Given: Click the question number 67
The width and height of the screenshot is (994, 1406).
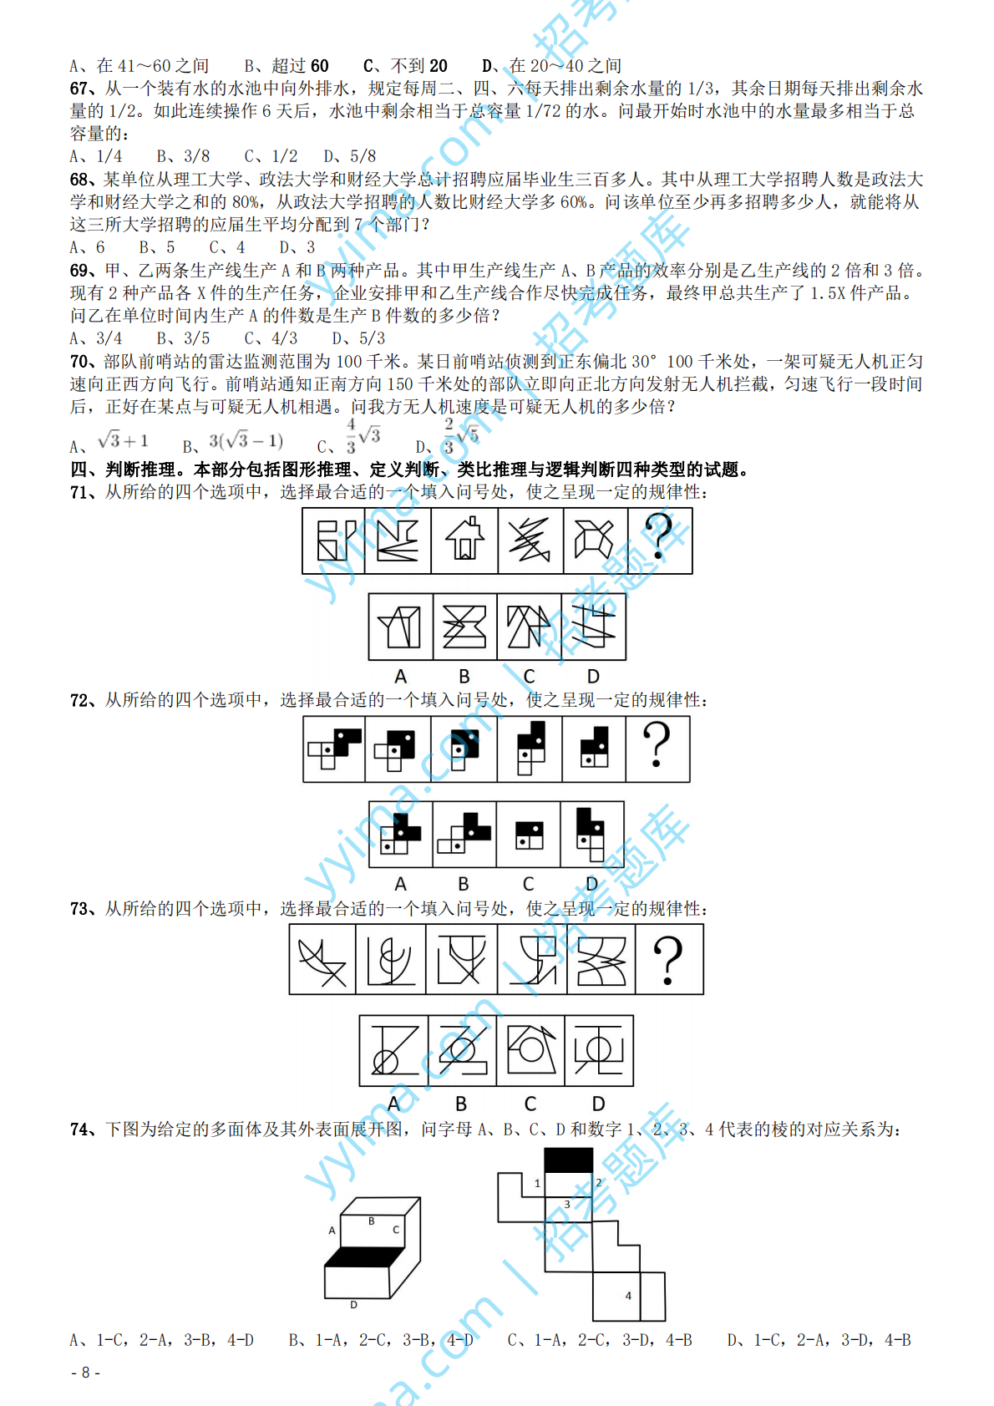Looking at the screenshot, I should [x=79, y=89].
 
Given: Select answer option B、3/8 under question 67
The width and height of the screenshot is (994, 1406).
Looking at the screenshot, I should [x=183, y=156].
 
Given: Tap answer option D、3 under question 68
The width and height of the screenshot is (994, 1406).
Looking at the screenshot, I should [x=297, y=247].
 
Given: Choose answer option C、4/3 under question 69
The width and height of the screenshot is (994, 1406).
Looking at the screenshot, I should [x=271, y=338].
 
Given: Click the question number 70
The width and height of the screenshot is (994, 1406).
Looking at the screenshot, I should [x=79, y=362].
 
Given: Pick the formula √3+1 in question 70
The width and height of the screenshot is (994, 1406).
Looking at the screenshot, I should [x=123, y=440].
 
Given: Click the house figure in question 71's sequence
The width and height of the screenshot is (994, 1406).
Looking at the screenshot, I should [x=464, y=540].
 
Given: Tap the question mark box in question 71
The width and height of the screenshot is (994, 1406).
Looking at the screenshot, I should [x=660, y=540].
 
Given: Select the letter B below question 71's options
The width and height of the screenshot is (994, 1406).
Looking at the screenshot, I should [x=464, y=677].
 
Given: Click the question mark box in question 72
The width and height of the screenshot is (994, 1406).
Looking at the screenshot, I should [x=657, y=749].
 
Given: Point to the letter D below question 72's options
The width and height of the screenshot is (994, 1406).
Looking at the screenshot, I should [x=591, y=884].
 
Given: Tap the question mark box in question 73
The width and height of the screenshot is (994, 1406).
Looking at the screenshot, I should [x=669, y=959].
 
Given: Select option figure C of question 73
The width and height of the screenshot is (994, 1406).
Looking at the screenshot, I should [x=530, y=1051].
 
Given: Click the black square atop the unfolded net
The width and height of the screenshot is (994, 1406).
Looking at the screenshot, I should [x=569, y=1160].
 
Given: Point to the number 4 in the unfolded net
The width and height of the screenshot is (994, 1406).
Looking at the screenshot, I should [x=628, y=1296].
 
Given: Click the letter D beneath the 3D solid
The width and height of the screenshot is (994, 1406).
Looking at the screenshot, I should [x=354, y=1305].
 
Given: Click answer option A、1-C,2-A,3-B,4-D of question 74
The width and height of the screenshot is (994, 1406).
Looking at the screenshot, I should [x=162, y=1341].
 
